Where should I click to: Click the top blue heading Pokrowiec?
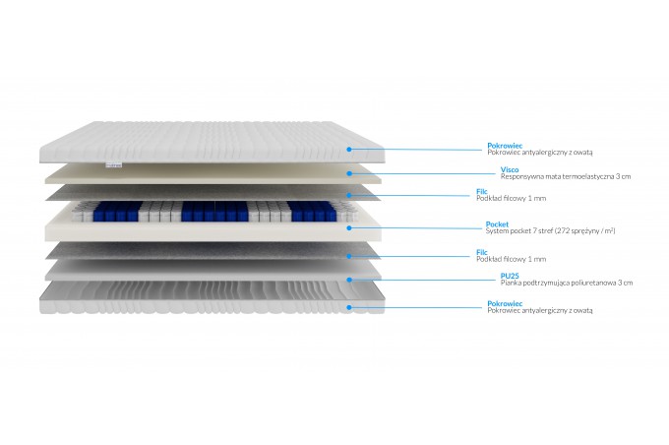(x=505, y=146)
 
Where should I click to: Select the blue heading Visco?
(x=510, y=169)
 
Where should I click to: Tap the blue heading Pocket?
(x=497, y=224)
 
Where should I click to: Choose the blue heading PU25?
(x=510, y=276)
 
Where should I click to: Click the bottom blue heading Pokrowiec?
(x=505, y=303)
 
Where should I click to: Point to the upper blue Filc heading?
(x=482, y=191)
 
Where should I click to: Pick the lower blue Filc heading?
(x=482, y=252)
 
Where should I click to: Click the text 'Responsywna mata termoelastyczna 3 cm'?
(x=566, y=176)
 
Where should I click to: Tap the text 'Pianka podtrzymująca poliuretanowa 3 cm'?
(x=567, y=283)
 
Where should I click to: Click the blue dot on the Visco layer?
(x=349, y=173)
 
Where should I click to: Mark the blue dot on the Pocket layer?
(x=349, y=228)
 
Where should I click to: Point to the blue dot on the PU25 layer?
(x=349, y=280)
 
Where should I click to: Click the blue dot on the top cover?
(x=349, y=150)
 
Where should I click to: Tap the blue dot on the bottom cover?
(x=349, y=307)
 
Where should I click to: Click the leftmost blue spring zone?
(x=117, y=212)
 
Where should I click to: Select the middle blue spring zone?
(x=214, y=212)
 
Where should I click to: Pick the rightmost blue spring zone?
(x=314, y=212)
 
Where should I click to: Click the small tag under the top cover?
(x=113, y=164)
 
